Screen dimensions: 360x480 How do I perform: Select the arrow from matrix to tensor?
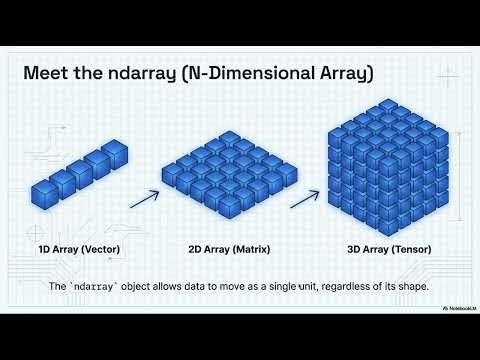pyautogui.click(x=304, y=195)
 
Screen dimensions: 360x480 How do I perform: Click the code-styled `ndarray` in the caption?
pyautogui.click(x=107, y=287)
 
